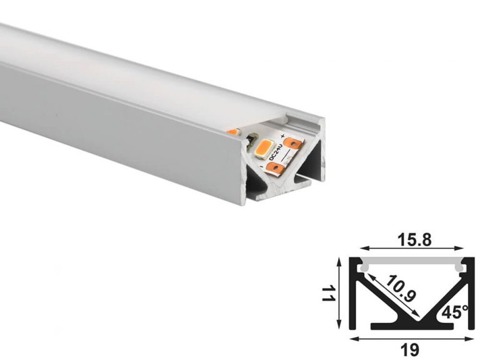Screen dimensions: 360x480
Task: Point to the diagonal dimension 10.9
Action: coord(400,288)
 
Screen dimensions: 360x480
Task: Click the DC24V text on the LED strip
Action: coord(274,153)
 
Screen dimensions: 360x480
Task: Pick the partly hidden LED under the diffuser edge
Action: coord(232,132)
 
